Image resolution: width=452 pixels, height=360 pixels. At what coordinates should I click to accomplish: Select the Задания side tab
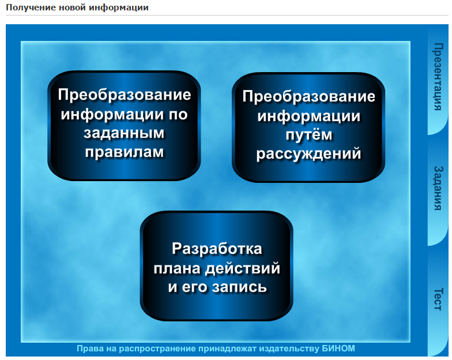(438, 188)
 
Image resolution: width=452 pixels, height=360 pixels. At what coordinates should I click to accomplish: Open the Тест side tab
(438, 298)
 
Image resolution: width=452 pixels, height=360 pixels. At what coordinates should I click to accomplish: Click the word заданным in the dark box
(124, 133)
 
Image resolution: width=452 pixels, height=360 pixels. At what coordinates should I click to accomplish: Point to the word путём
(309, 135)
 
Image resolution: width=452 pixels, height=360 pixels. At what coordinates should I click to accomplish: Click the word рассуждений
(309, 154)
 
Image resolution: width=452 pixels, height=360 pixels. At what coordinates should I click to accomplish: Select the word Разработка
(217, 249)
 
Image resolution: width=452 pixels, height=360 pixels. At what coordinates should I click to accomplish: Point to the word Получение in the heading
(28, 7)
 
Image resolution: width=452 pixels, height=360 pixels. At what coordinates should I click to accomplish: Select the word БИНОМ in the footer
(339, 348)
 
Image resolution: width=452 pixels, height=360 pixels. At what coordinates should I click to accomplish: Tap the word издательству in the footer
(286, 348)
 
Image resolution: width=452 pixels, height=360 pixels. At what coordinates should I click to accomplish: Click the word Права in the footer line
(89, 348)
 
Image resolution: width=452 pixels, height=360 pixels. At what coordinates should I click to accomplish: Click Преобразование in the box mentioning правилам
(124, 95)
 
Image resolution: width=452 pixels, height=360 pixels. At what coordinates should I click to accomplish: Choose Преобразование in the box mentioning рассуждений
(309, 97)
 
